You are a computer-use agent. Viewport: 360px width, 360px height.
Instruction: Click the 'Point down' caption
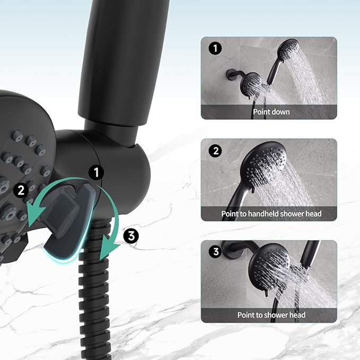pos(271,112)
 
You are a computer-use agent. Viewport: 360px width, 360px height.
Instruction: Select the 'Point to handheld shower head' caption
pos(271,214)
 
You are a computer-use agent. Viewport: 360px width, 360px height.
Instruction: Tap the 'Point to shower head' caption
pos(271,315)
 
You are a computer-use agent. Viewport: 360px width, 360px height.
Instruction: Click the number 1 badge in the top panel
pos(215,49)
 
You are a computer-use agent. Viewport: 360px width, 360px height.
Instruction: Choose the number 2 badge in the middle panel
pos(215,151)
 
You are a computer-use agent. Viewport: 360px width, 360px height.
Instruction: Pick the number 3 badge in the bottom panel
pos(215,252)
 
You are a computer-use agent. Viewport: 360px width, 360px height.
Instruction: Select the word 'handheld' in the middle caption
pos(275,214)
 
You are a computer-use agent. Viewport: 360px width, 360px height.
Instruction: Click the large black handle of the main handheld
pos(114,53)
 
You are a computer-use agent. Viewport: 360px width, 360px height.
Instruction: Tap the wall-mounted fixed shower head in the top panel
pos(251,83)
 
